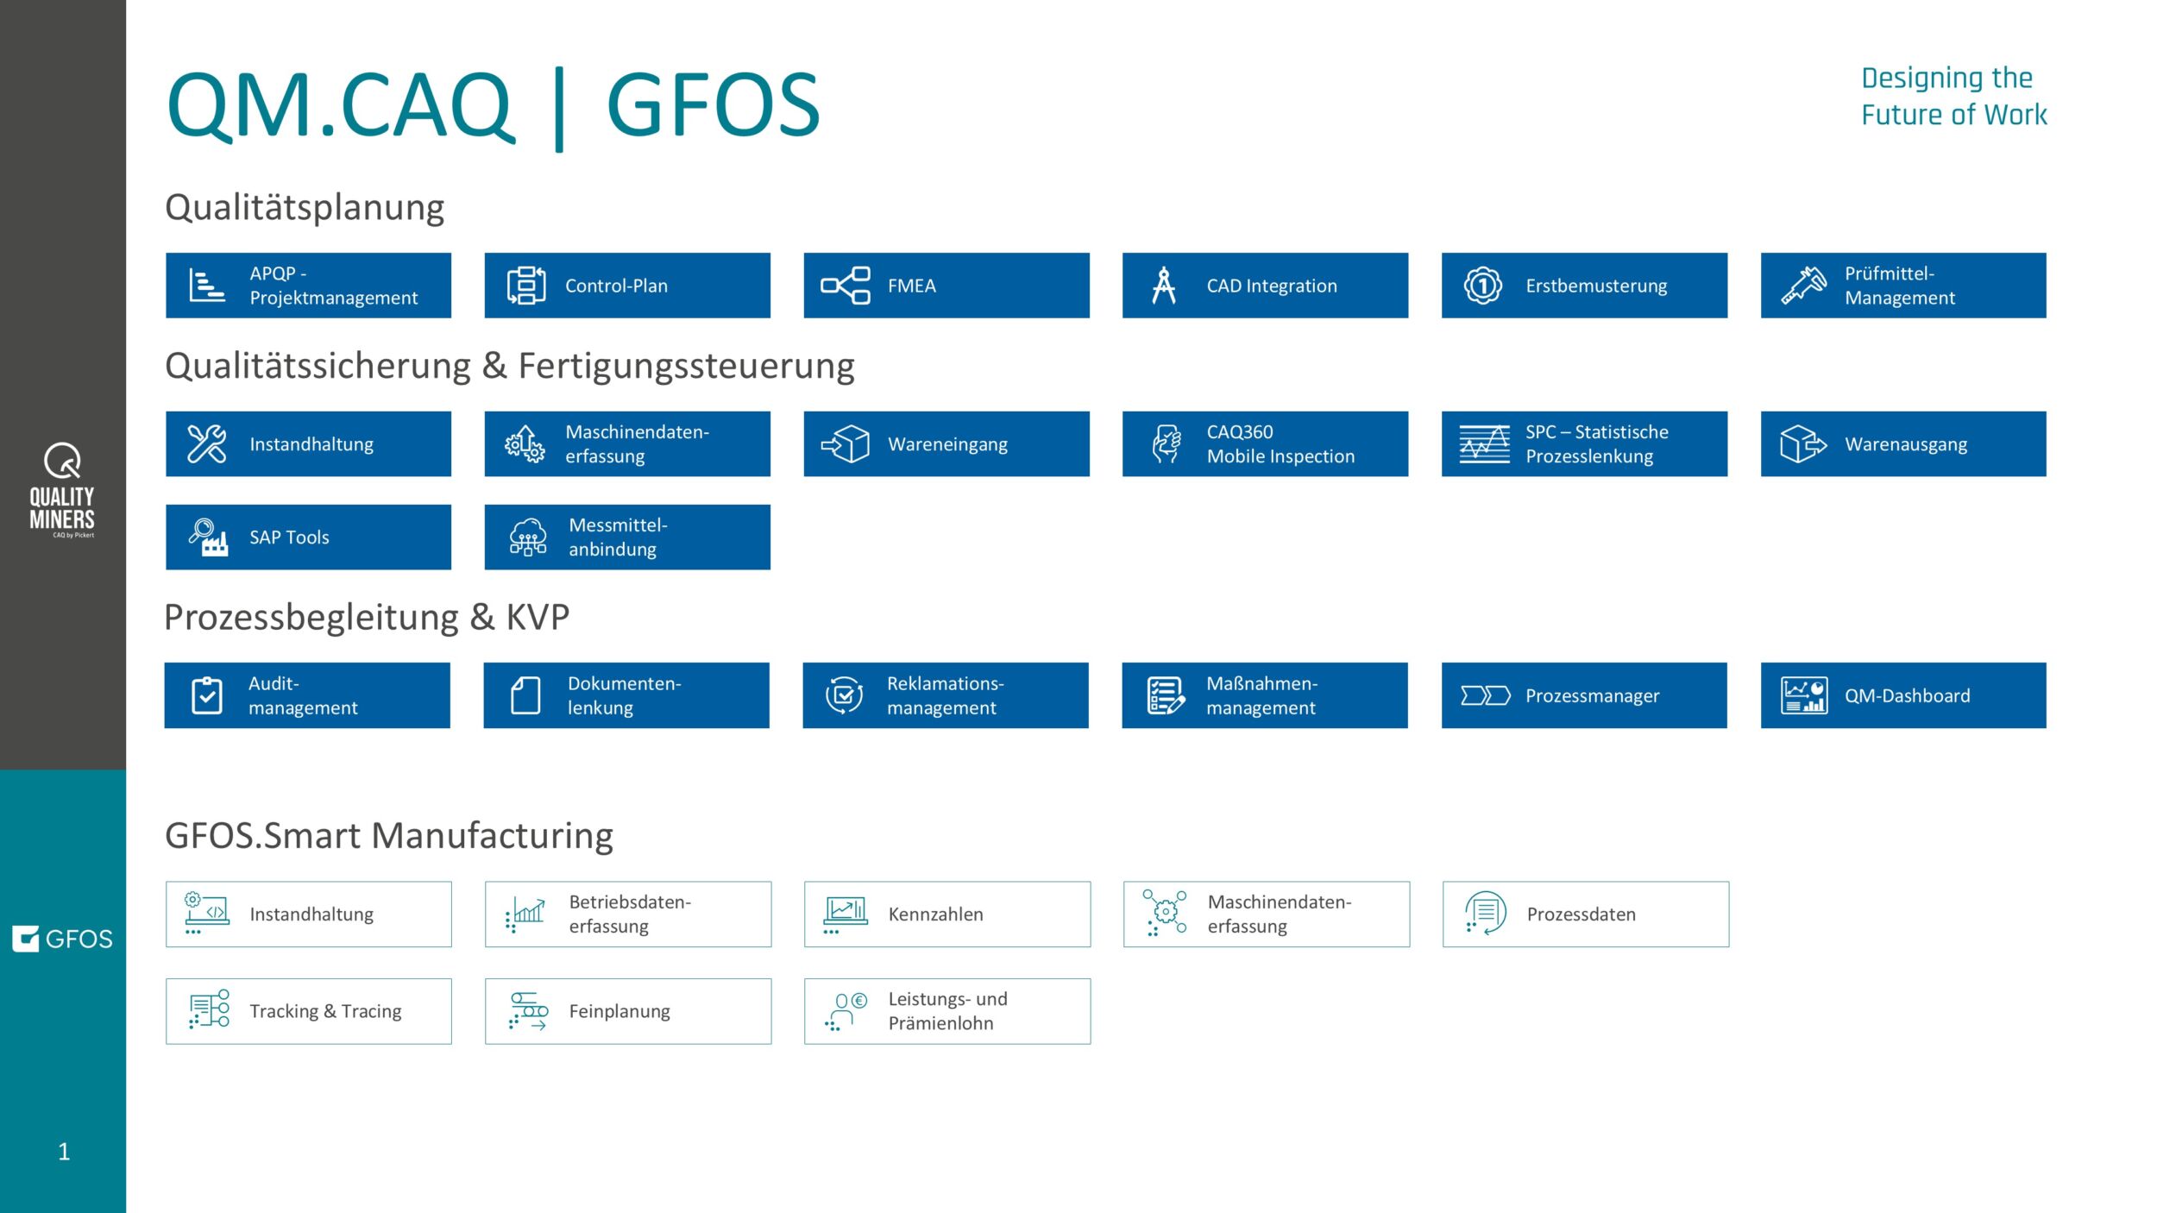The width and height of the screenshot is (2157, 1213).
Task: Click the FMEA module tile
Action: pyautogui.click(x=946, y=286)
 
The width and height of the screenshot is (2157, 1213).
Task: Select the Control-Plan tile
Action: pyautogui.click(x=627, y=286)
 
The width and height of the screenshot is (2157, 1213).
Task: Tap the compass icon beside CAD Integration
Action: pyautogui.click(x=1164, y=286)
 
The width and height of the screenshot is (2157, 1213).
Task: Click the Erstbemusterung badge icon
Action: pyautogui.click(x=1482, y=286)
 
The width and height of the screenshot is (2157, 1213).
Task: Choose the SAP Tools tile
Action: pyautogui.click(x=308, y=537)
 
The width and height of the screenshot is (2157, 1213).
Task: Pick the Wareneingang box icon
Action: pyautogui.click(x=846, y=444)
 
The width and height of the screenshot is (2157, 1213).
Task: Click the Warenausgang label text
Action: pyautogui.click(x=1906, y=445)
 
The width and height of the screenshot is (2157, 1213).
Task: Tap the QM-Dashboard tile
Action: pyautogui.click(x=1902, y=695)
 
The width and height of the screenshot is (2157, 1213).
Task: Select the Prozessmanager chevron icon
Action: pyautogui.click(x=1485, y=695)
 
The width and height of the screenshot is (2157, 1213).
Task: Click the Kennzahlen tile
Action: pyautogui.click(x=946, y=914)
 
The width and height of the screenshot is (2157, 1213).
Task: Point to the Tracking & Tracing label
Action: pyautogui.click(x=325, y=1011)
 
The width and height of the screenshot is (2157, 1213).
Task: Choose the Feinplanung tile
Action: pyautogui.click(x=627, y=1011)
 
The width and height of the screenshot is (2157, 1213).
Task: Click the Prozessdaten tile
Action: pyautogui.click(x=1585, y=914)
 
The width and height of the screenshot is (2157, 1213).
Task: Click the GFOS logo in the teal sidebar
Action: pyautogui.click(x=62, y=939)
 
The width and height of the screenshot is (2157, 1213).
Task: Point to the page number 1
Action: pyautogui.click(x=64, y=1152)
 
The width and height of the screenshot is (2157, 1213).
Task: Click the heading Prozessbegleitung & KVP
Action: pyautogui.click(x=367, y=618)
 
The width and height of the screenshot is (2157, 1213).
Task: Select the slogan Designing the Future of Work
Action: pyautogui.click(x=1953, y=97)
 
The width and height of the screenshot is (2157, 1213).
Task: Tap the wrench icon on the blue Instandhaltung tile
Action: pyautogui.click(x=207, y=444)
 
